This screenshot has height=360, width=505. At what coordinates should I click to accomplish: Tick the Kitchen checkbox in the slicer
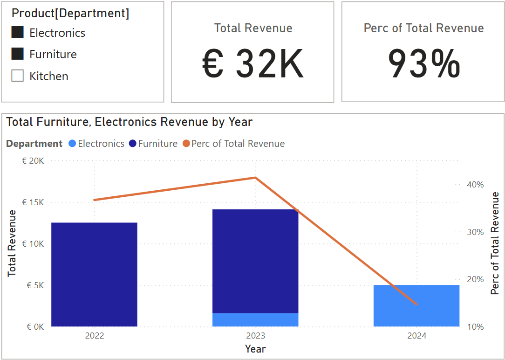18,76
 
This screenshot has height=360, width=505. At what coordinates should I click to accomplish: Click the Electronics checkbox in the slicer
18,32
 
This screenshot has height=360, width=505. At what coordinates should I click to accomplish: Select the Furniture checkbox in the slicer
18,54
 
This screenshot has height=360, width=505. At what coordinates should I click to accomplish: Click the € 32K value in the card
253,64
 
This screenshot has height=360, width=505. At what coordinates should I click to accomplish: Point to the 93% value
423,64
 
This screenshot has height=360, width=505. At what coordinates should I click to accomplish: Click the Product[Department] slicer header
70,14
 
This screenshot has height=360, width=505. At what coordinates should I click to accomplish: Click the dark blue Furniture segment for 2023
255,261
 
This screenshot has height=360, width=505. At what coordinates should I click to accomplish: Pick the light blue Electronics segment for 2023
255,319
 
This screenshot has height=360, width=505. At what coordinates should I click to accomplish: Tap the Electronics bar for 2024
416,305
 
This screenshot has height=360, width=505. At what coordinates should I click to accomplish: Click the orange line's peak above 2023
255,177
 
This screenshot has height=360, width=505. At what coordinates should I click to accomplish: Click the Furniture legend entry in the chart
157,144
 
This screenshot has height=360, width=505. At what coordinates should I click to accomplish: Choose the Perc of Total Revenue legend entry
238,144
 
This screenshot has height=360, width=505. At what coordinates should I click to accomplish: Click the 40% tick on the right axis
475,185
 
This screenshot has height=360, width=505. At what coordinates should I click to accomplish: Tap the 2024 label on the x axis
416,336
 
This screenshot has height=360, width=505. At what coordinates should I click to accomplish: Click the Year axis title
255,349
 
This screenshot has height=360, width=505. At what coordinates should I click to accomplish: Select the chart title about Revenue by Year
130,122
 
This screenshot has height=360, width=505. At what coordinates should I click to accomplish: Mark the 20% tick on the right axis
475,279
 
